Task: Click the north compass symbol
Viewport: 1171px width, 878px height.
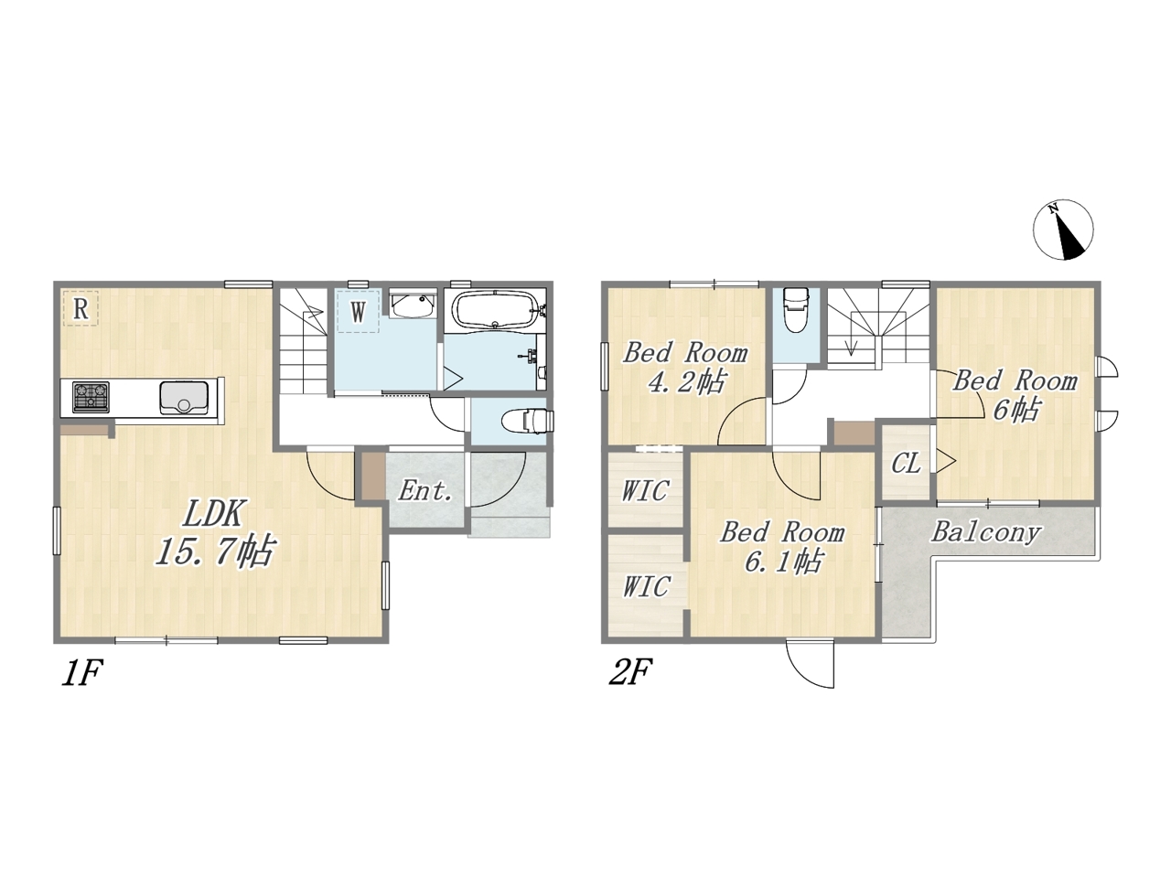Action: [1063, 230]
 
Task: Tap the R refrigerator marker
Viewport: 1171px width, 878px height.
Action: [81, 308]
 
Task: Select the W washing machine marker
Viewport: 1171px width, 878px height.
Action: [358, 311]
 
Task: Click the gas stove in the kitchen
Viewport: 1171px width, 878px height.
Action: [91, 397]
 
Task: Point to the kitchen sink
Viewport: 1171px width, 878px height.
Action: [184, 398]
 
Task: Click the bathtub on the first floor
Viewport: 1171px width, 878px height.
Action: [495, 308]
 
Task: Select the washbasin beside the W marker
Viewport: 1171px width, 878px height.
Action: [412, 305]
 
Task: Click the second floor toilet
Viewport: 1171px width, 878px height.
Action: [795, 309]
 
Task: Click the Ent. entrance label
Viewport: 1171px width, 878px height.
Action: [425, 490]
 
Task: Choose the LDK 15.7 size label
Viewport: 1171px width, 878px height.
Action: [214, 533]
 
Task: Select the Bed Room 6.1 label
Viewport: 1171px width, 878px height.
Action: [782, 547]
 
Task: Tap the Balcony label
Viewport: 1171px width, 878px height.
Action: [986, 532]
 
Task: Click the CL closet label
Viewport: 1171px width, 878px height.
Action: [906, 464]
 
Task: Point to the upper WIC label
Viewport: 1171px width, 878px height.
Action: [645, 490]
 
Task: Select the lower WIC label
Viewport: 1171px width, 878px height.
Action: [646, 586]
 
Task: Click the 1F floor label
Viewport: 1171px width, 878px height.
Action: [81, 673]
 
